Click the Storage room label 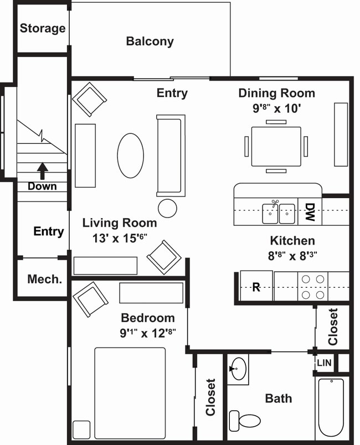click(x=43, y=28)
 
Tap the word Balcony click(x=150, y=41)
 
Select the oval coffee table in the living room click(x=130, y=156)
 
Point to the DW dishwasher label click(x=310, y=211)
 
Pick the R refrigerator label click(x=256, y=287)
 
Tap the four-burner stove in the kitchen click(x=313, y=286)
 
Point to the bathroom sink click(x=239, y=369)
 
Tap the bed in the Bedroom click(x=130, y=392)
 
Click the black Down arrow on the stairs click(x=43, y=169)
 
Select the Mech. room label click(x=44, y=279)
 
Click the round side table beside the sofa click(x=167, y=208)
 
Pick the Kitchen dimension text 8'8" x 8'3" click(x=292, y=256)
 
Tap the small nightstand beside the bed click(x=81, y=430)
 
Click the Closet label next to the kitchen click(x=333, y=327)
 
